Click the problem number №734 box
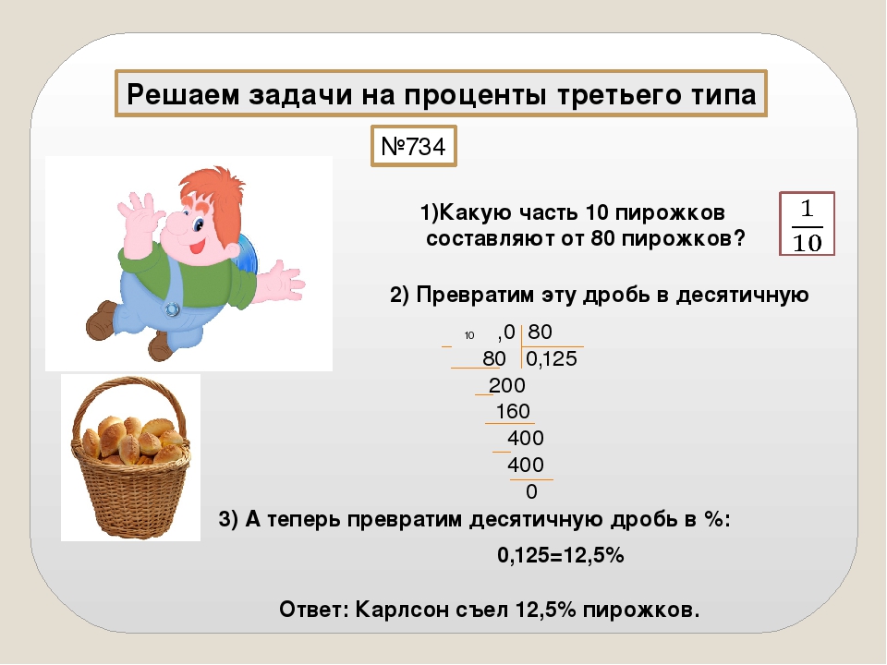click(x=414, y=146)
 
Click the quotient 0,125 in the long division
click(x=551, y=358)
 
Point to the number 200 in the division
click(x=507, y=385)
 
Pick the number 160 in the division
click(x=513, y=411)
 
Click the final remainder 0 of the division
click(x=531, y=491)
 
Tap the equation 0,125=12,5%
click(x=561, y=555)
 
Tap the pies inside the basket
click(x=132, y=439)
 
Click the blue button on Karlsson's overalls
click(x=172, y=309)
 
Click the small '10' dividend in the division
click(x=469, y=335)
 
